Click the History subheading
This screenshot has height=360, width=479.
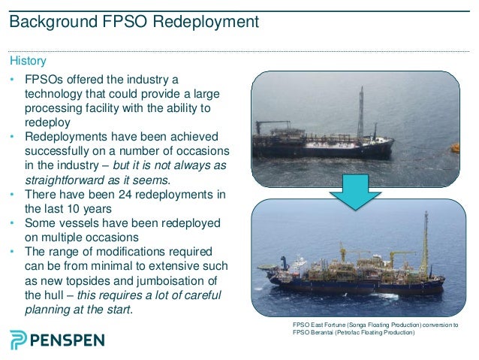[27, 59]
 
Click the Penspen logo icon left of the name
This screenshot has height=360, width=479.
[19, 339]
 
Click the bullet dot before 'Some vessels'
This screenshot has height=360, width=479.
[12, 223]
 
